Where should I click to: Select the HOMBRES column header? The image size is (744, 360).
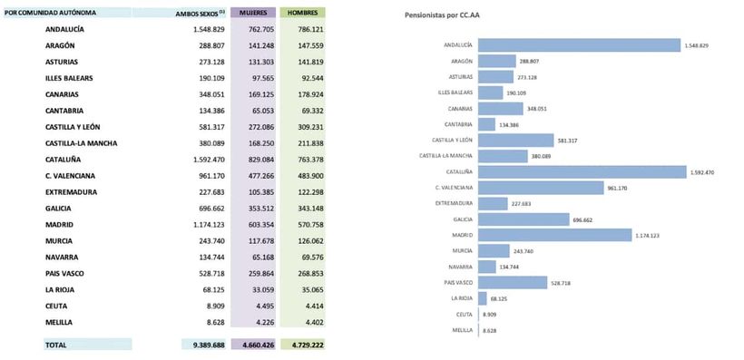[302, 14]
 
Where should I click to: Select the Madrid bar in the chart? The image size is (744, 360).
[553, 235]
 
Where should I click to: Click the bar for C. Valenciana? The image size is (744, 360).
[540, 188]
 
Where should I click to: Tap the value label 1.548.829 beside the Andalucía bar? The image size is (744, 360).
[697, 45]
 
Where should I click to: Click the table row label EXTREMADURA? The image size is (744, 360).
[71, 192]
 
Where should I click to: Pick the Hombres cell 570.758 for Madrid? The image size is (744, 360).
[304, 225]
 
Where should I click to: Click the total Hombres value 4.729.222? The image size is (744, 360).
[302, 345]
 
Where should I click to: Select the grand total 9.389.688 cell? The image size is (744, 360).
[205, 345]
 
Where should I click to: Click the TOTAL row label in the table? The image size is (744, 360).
[56, 345]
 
